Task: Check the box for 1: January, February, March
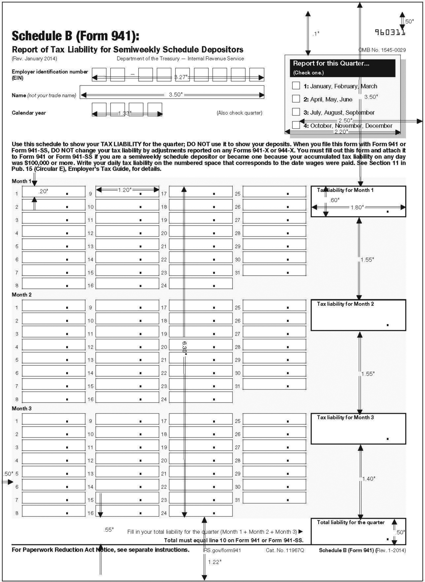click(x=296, y=86)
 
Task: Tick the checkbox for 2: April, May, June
click(x=296, y=99)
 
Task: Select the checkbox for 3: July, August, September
click(x=296, y=112)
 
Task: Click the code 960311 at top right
click(x=389, y=32)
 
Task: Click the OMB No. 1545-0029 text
click(x=382, y=50)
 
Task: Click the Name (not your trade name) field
click(x=172, y=92)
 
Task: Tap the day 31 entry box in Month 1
click(x=274, y=270)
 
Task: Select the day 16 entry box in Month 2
click(x=127, y=397)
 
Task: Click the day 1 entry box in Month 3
click(x=54, y=419)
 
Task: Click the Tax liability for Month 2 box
click(x=358, y=315)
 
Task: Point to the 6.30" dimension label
click(x=184, y=348)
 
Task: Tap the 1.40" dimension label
click(x=368, y=479)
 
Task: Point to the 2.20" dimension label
click(x=341, y=132)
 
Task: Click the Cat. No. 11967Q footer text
click(x=285, y=550)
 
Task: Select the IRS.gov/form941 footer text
click(x=222, y=550)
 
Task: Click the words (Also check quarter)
click(x=239, y=113)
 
